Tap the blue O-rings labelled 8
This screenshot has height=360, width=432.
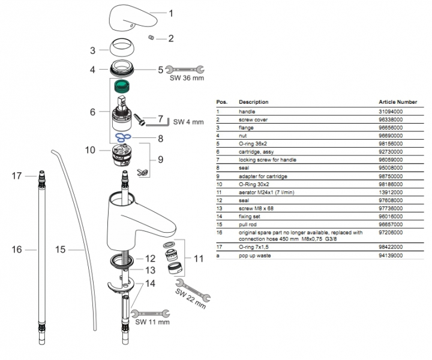(124, 138)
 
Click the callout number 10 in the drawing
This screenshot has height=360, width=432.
(91, 149)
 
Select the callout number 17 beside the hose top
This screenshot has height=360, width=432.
(16, 176)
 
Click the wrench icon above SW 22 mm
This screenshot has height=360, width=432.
(196, 290)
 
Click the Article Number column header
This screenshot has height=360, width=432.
(398, 102)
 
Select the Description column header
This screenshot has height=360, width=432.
(253, 102)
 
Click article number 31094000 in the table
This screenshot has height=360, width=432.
(392, 112)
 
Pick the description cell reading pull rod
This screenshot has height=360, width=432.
(248, 223)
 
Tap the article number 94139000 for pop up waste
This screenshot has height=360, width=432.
(392, 256)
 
